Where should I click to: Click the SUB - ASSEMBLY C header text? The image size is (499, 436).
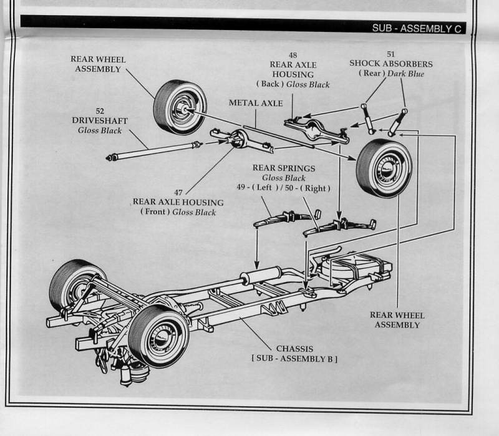417,27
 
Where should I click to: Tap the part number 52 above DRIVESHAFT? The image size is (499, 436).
100,110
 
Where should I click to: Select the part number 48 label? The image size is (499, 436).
293,56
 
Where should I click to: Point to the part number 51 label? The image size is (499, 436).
390,54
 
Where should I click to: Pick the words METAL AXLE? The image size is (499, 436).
255,103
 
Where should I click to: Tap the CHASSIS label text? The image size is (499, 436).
294,348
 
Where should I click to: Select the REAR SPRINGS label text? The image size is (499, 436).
284,168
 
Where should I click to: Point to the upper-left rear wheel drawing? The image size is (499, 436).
180,107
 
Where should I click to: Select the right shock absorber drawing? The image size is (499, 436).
397,122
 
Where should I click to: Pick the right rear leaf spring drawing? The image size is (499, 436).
340,226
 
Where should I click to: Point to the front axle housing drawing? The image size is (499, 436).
243,140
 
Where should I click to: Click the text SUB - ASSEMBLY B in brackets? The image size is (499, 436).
295,359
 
